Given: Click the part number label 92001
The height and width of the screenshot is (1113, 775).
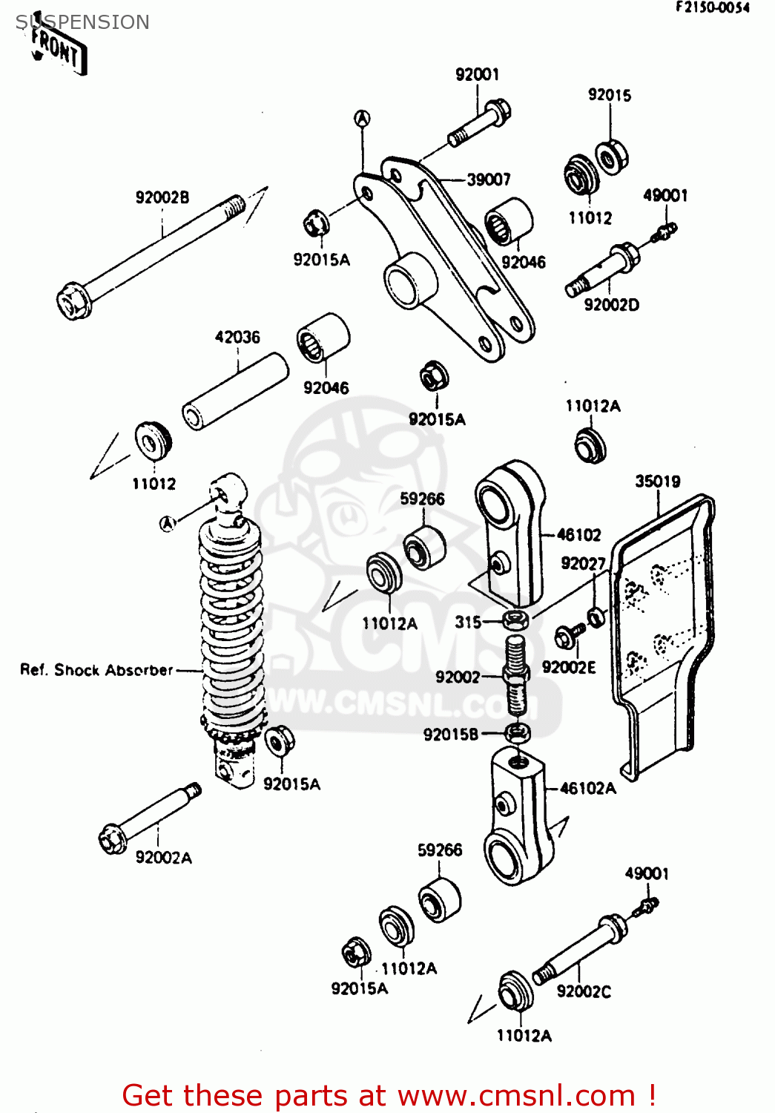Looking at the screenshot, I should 477,74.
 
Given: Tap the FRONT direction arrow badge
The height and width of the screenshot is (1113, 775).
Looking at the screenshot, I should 58,50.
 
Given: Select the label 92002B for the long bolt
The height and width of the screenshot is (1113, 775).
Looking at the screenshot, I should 162,197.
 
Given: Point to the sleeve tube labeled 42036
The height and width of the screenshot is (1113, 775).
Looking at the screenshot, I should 234,391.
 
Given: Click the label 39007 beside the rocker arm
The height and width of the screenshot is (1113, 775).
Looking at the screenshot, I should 488,180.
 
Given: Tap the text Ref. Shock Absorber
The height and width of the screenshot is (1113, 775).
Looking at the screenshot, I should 96,670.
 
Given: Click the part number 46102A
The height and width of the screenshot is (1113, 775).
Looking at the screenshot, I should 587,789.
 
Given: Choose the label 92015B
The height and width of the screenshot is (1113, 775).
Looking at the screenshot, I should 451,735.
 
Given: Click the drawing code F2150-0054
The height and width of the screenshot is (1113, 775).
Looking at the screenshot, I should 712,7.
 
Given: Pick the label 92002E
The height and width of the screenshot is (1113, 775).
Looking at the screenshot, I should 569,667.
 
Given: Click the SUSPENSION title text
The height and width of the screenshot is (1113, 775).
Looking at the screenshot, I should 82,22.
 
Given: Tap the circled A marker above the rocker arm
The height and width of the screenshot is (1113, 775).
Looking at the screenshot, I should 362,118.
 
